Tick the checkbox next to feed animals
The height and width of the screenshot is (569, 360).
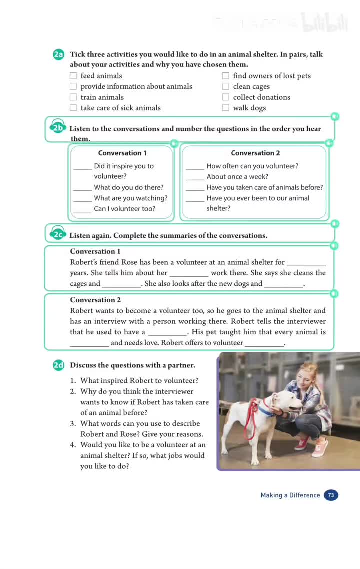pos(73,76)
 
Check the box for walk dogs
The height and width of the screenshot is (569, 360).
pos(226,108)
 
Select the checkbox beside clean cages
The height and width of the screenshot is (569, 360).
pos(226,86)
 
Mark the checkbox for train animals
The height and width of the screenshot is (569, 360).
pos(73,97)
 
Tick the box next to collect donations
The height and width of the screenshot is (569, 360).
pos(226,97)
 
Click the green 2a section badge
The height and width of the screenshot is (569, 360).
pos(58,54)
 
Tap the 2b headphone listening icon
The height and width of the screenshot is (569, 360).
pos(58,128)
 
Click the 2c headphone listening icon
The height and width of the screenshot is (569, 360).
pos(58,234)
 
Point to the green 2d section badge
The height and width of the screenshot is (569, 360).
pos(58,365)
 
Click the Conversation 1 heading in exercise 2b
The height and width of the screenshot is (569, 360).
pos(122,153)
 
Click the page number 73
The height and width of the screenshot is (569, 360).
pos(331,495)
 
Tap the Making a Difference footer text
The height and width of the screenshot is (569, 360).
pos(290,495)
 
